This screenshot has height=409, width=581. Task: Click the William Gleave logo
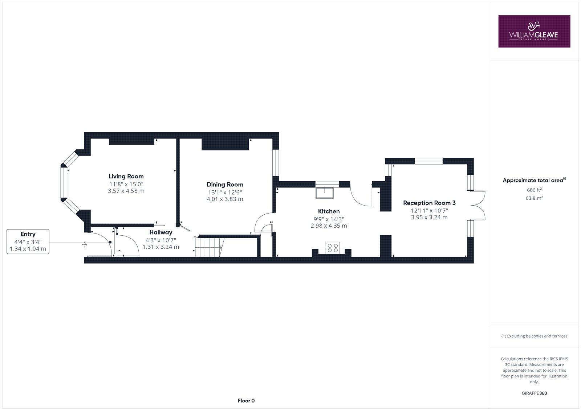pos(534,31)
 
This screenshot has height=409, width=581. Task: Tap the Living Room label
pos(126,177)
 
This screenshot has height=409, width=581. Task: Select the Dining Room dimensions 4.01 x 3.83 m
pos(225,199)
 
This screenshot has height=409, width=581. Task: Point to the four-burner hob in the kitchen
pos(332,248)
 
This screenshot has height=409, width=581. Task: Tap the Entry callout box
pos(28,241)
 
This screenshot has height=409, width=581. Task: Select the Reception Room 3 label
pos(429,203)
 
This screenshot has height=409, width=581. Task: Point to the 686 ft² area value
pos(534,190)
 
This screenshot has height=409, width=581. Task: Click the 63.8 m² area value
pos(534,198)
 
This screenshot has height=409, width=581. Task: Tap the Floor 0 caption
pos(246,401)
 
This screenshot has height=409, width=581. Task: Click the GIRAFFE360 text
pos(534,393)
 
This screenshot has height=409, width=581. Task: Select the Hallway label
pos(161,232)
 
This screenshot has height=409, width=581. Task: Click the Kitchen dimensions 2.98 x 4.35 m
pos(329,226)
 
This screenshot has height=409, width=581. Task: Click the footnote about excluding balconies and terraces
pos(534,336)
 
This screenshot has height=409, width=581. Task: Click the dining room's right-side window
pos(276,163)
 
